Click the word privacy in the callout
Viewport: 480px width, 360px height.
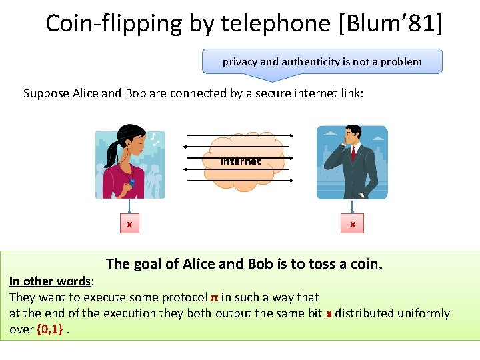pyautogui.click(x=240, y=62)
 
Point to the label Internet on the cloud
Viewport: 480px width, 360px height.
pyautogui.click(x=241, y=161)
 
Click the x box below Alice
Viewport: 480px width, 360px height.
pyautogui.click(x=129, y=225)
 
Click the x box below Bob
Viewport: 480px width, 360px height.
pyautogui.click(x=353, y=225)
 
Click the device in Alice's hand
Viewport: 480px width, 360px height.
pyautogui.click(x=133, y=182)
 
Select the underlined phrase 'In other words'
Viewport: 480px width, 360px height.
pyautogui.click(x=50, y=281)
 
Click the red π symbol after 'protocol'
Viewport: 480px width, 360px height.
pyautogui.click(x=214, y=297)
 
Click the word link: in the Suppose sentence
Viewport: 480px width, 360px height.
pyautogui.click(x=350, y=93)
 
